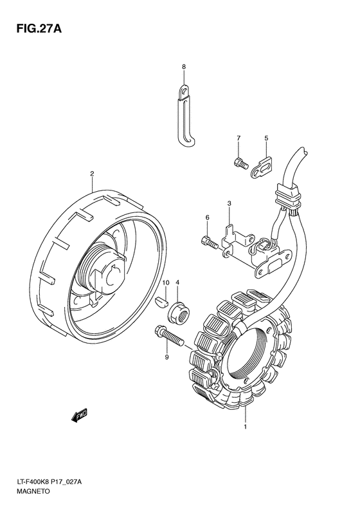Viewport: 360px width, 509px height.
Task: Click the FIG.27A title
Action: [x=39, y=28]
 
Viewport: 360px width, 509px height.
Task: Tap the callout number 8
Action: [x=184, y=67]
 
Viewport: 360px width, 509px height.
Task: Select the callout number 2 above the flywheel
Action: [x=92, y=174]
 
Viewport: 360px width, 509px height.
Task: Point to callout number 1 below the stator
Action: [x=245, y=427]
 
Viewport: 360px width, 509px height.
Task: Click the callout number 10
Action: [x=166, y=283]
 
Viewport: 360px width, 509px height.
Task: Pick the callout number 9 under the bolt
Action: [x=166, y=357]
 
